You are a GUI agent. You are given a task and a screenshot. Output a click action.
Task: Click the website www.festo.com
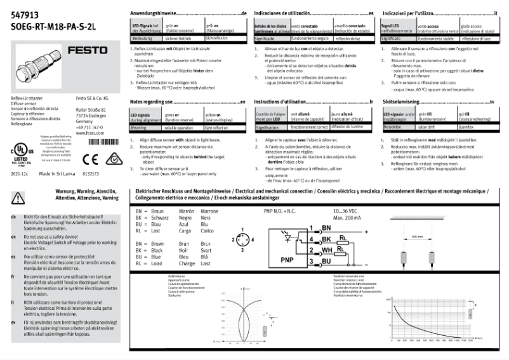point(89,133)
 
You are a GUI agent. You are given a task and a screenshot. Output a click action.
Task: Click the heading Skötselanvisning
point(406,102)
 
